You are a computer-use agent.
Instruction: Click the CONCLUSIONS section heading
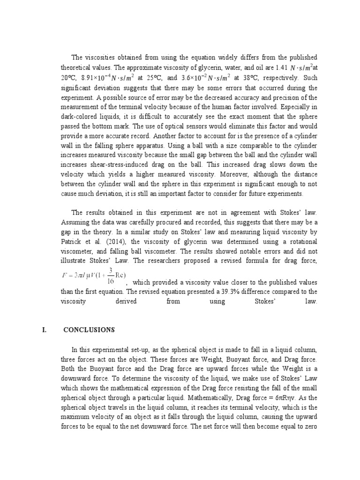[x=89, y=330]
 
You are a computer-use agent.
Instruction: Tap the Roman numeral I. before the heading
[x=44, y=330]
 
